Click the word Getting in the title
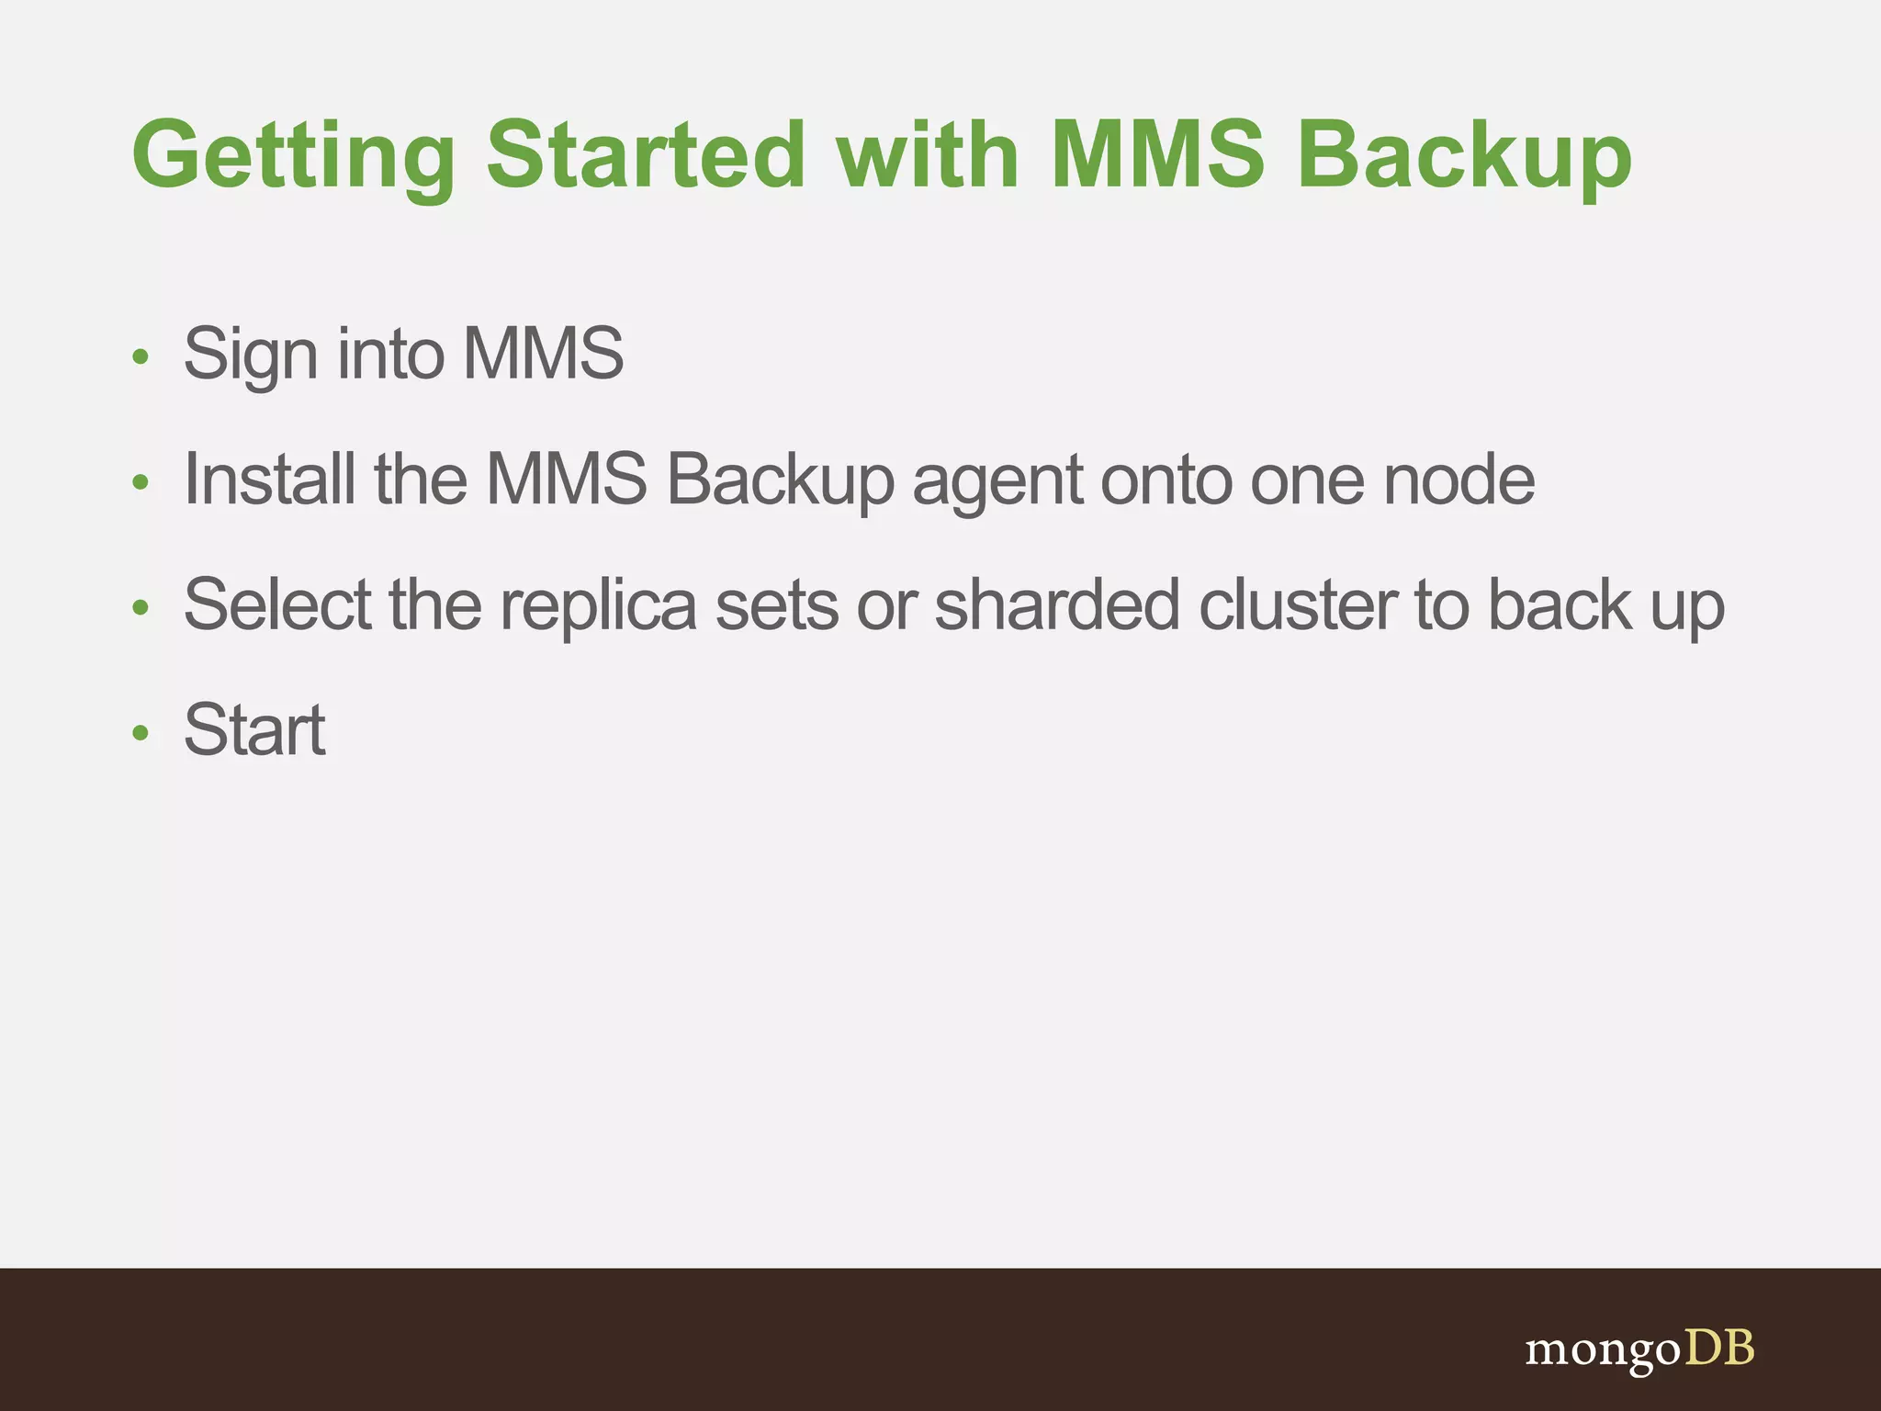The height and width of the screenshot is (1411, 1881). [x=293, y=156]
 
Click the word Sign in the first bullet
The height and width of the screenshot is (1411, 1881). [x=251, y=355]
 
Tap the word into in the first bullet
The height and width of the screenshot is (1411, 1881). [x=390, y=353]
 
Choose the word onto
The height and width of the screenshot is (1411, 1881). [x=1166, y=480]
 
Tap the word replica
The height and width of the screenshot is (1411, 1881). [x=598, y=606]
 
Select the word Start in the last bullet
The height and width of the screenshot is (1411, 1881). [x=254, y=729]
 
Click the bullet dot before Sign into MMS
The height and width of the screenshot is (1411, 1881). [x=140, y=356]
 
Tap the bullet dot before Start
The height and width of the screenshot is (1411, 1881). [x=140, y=733]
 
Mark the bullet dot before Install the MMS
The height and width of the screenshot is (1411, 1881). [x=140, y=482]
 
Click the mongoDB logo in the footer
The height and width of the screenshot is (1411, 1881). [x=1639, y=1349]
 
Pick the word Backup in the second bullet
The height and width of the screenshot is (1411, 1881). [x=780, y=480]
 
